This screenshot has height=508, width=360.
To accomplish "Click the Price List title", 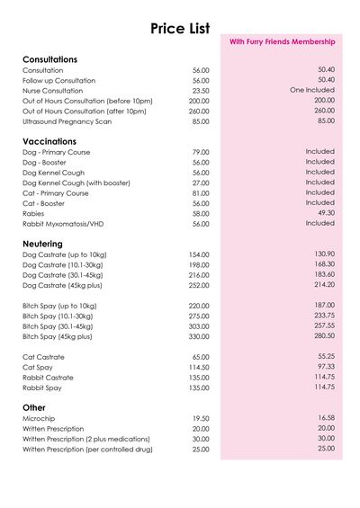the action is (180, 29).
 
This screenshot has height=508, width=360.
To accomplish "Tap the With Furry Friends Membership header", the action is (282, 42).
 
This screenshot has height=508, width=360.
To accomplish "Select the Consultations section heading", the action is (49, 59).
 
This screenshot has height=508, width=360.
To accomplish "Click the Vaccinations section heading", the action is (49, 141).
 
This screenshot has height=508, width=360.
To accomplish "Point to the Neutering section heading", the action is (42, 244).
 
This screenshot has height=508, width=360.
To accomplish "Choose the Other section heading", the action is (33, 407).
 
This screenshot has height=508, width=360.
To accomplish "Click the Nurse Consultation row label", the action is (52, 91).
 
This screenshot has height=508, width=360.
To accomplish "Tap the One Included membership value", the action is (312, 90).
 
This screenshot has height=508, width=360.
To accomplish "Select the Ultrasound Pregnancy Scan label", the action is (67, 121).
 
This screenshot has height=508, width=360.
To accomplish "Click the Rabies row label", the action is (33, 213).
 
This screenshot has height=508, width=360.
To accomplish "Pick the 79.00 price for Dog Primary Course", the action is (201, 153).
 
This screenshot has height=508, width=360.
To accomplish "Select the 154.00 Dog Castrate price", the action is (199, 255).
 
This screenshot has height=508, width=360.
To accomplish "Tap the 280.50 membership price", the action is (324, 335).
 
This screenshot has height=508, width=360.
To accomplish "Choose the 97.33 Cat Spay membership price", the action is (326, 367).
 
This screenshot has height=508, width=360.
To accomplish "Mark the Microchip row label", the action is (40, 419).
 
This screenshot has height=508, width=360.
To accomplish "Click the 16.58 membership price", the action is (326, 418).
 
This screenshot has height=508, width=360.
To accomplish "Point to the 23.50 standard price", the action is (201, 91).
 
